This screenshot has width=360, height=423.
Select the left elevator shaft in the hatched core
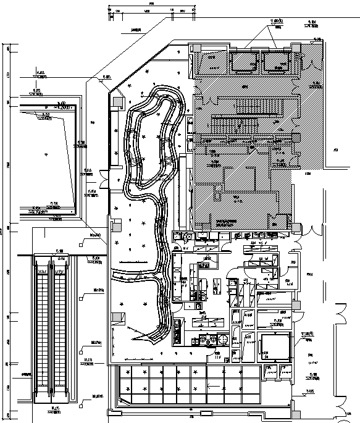pos(243,62)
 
